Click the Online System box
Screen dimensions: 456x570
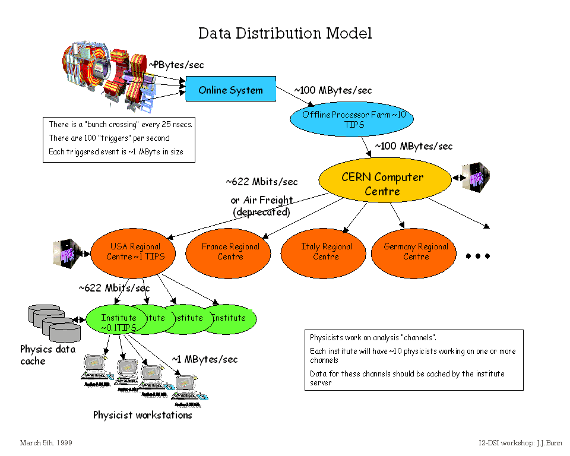click(230, 90)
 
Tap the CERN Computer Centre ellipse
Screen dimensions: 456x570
click(382, 184)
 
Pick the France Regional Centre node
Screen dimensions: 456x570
click(230, 252)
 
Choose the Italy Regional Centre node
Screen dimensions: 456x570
click(325, 252)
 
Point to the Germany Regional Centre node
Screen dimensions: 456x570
click(416, 252)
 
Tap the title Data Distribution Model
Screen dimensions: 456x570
click(285, 33)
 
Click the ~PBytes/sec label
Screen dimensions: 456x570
click(176, 65)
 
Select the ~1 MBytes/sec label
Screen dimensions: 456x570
click(205, 359)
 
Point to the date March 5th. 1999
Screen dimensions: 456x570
click(46, 443)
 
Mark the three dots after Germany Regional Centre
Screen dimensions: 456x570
click(477, 256)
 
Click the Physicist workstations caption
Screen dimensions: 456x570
click(142, 415)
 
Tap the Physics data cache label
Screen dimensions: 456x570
click(47, 355)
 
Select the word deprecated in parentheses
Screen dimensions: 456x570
click(261, 212)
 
